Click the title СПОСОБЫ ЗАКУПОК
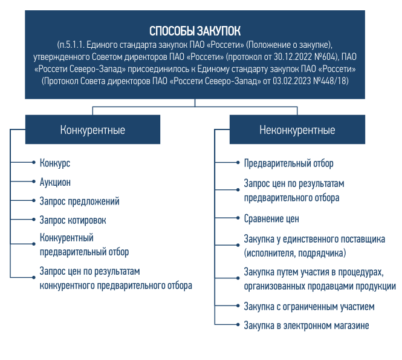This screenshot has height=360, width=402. [194, 31]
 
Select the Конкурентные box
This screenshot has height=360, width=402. [92, 129]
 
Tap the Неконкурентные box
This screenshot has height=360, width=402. [297, 129]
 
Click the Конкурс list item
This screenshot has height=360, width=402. [55, 163]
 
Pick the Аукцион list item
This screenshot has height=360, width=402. [56, 182]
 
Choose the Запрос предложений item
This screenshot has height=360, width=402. [79, 201]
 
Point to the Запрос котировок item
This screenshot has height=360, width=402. [73, 220]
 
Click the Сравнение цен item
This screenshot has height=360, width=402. [271, 218]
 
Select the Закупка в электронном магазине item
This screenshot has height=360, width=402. [306, 326]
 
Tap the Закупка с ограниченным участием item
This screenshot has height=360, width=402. [309, 307]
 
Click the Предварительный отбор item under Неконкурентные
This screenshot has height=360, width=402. [288, 163]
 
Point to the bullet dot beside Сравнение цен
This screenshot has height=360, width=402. [236, 218]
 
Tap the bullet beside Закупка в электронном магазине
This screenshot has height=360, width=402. [236, 326]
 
